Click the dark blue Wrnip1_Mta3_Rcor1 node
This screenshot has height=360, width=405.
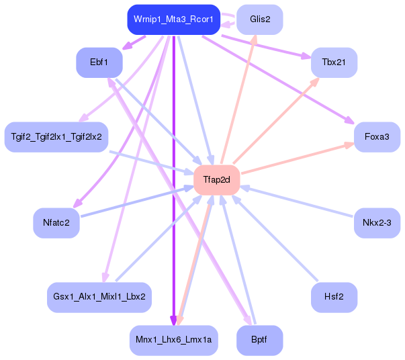174,19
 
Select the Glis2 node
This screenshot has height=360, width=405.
260,19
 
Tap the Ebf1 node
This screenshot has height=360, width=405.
99,62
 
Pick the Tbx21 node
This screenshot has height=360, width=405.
334,62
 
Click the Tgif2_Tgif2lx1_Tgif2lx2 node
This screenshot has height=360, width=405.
56,137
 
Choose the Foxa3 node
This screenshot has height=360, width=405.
377,137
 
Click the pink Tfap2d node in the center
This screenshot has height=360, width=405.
217,180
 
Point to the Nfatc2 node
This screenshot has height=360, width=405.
56,223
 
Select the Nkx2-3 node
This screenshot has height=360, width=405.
377,223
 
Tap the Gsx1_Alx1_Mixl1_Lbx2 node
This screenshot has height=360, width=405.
99,298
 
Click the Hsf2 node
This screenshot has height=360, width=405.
334,298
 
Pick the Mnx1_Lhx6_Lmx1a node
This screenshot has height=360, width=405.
174,340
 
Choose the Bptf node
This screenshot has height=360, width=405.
260,340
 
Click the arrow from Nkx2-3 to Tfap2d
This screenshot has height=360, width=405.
296,201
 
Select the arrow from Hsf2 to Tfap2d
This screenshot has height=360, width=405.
275,238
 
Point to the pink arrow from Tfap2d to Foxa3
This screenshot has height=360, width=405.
298,158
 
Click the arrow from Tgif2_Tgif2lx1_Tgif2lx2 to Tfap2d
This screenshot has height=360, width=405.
152,163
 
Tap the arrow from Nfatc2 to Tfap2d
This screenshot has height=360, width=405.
138,201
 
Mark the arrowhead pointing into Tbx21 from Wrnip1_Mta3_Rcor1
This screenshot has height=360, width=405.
306,56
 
